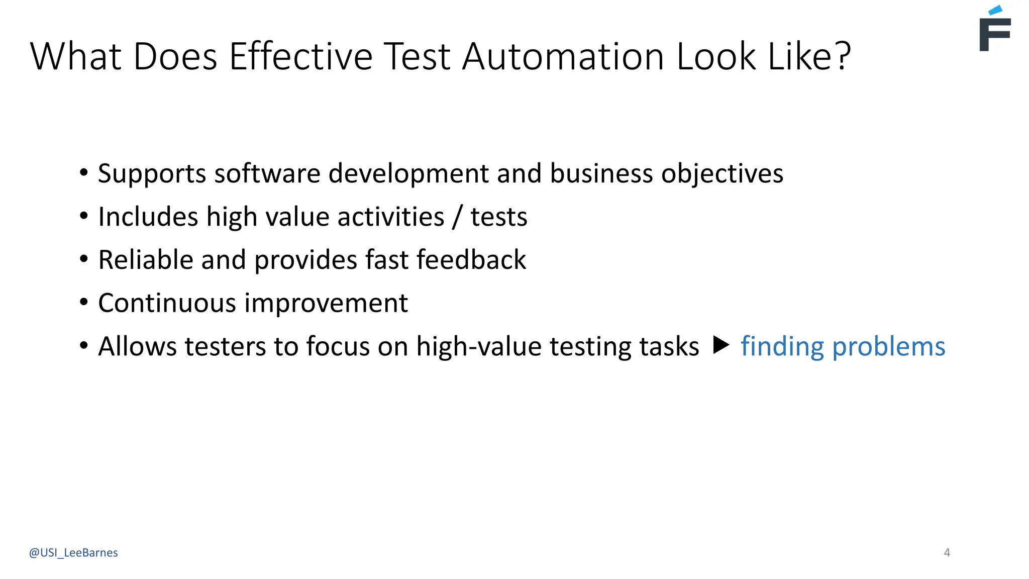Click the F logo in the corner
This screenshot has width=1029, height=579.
tap(995, 30)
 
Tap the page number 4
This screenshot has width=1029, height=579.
tap(947, 553)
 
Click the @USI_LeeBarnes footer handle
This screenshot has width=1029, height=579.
tap(73, 553)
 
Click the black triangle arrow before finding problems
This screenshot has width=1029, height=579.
tap(721, 345)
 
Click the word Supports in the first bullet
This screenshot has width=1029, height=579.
tap(152, 174)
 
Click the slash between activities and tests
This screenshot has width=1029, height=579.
tap(457, 217)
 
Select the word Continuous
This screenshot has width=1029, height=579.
tap(167, 303)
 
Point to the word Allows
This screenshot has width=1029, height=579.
tap(137, 346)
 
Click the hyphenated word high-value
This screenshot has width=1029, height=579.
tap(479, 346)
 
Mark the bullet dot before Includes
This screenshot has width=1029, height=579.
tap(84, 216)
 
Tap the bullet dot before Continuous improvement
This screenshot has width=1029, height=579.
tap(84, 303)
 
